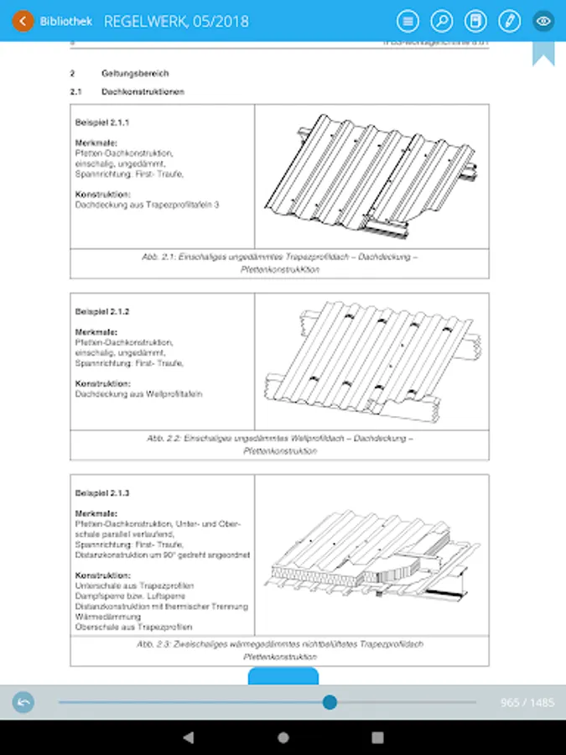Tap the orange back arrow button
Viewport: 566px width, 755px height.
tap(23, 21)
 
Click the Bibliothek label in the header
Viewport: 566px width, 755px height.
tap(66, 21)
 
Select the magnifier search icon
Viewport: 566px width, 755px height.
tap(441, 21)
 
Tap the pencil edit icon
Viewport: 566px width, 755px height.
tap(509, 21)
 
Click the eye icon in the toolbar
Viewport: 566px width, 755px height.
tap(543, 21)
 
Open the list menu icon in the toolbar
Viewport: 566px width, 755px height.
tap(408, 21)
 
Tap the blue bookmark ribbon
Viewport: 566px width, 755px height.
tap(543, 52)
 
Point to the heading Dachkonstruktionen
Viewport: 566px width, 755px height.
tap(143, 91)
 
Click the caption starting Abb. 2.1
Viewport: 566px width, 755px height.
tap(279, 263)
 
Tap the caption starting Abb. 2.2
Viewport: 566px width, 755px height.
tap(279, 445)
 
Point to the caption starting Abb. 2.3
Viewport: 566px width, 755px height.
tap(279, 650)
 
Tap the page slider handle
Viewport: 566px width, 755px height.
tap(330, 702)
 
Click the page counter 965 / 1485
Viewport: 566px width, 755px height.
tap(527, 703)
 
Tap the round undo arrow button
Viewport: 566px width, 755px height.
tap(23, 702)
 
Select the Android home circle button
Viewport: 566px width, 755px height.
tap(283, 737)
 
